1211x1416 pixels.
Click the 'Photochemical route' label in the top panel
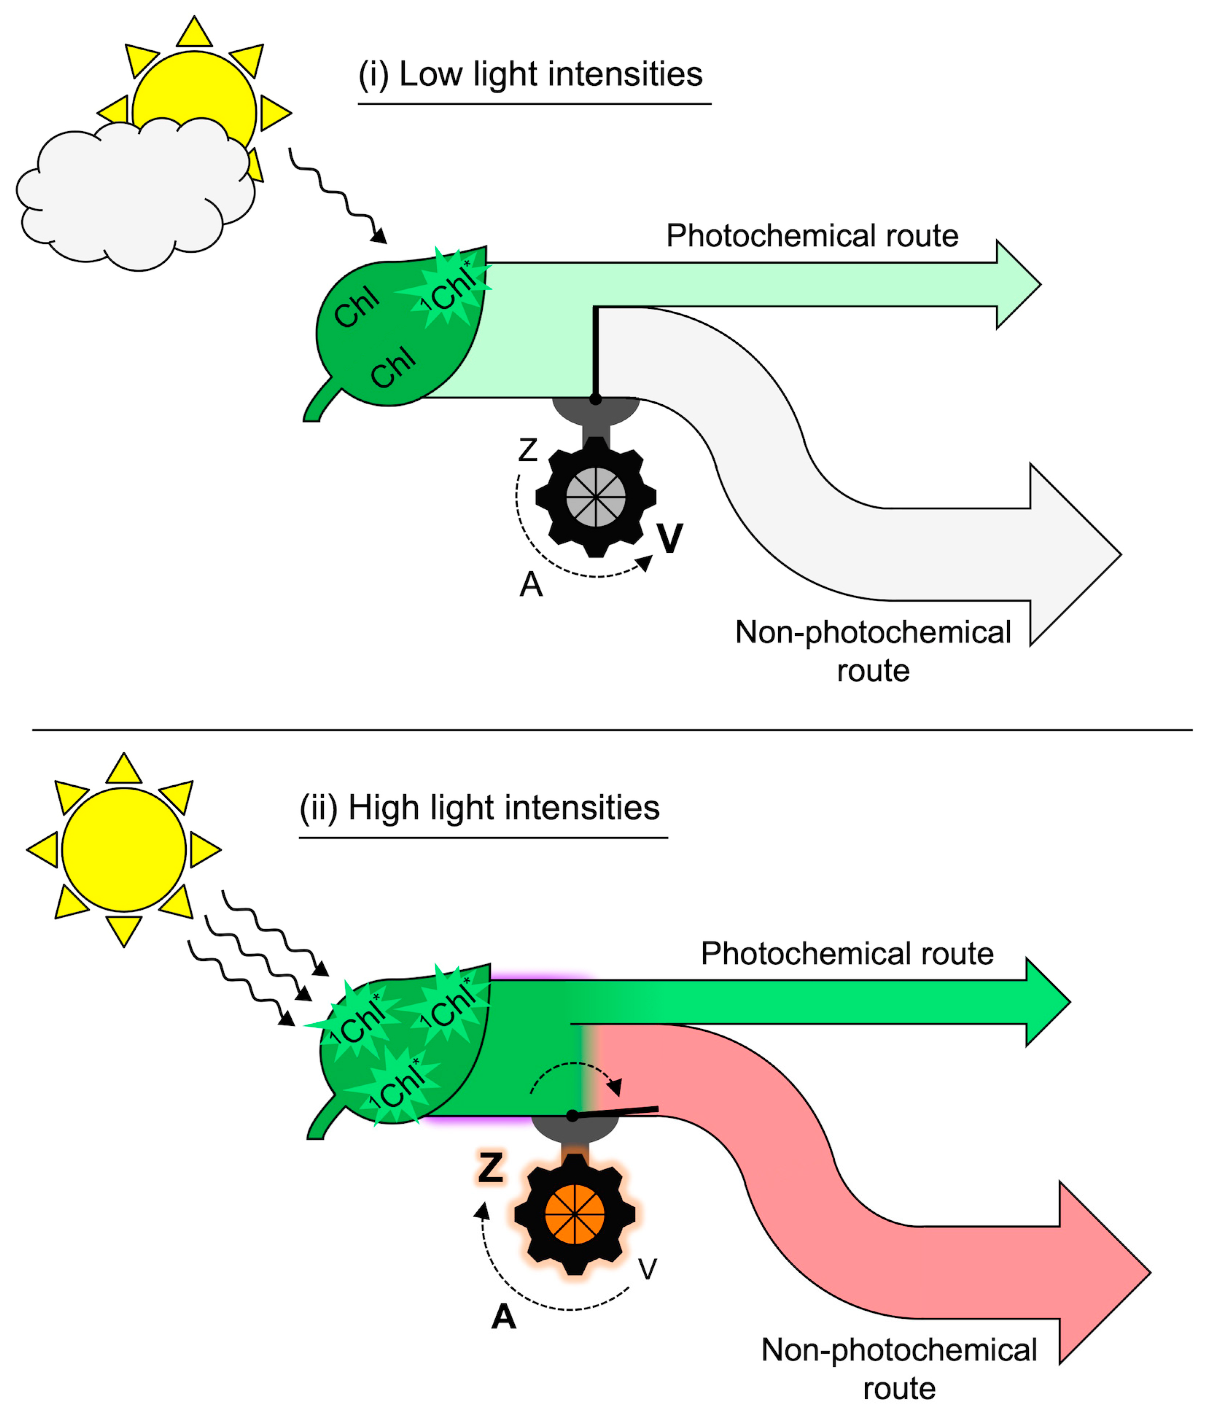[x=812, y=236]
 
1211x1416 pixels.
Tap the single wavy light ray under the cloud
[x=335, y=195]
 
